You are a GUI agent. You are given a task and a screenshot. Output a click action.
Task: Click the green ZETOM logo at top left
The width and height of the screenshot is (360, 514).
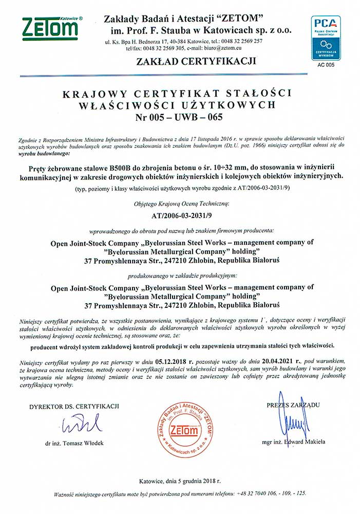pos(50,29)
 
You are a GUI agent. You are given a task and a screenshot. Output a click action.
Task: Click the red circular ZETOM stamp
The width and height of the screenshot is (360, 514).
pos(183,429)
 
